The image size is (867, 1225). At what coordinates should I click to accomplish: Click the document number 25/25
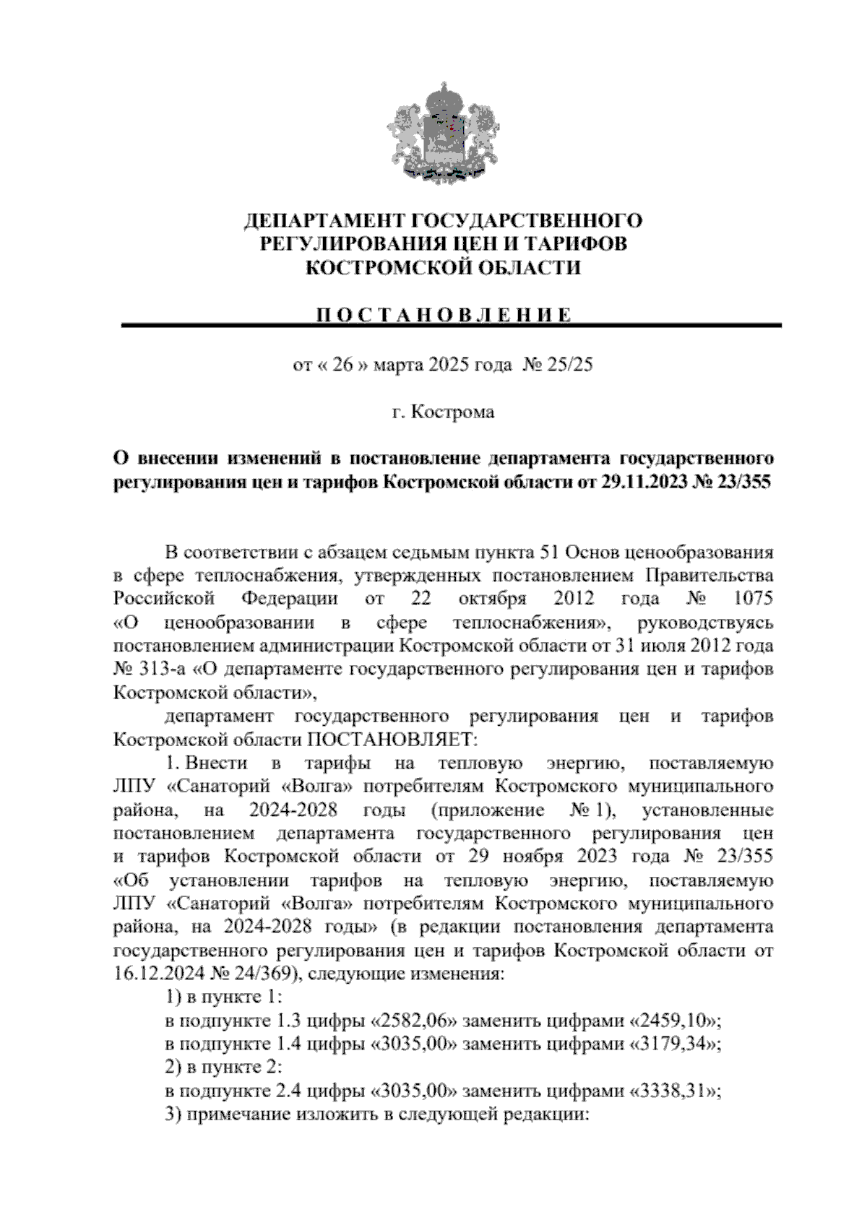coord(571,365)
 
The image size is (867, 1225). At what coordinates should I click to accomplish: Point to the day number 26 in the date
coord(342,365)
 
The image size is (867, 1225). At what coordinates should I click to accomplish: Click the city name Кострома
coord(453,412)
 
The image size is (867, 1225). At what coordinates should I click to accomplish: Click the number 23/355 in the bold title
coord(745,482)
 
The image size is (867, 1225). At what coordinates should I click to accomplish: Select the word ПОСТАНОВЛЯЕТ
coord(393,740)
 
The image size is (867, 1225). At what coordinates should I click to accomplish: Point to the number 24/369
coord(263,974)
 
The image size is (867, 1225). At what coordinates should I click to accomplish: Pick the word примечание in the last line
coord(238,1114)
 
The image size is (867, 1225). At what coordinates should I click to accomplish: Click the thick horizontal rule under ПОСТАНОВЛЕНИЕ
coord(452,326)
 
